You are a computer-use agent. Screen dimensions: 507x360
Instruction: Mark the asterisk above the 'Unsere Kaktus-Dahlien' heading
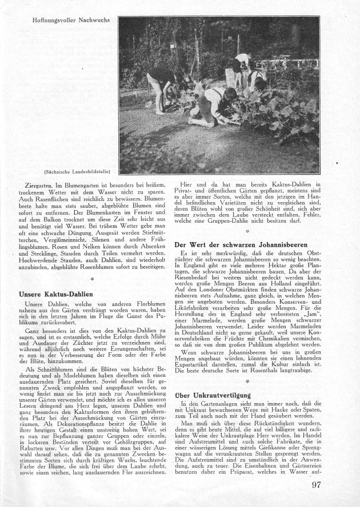click(92, 280)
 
